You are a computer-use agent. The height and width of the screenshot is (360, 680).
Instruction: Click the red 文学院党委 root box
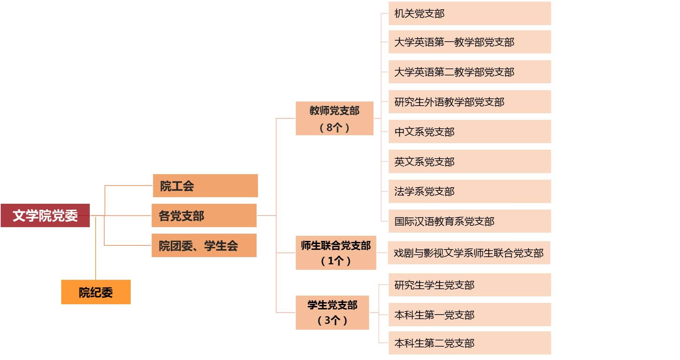(x=45, y=215)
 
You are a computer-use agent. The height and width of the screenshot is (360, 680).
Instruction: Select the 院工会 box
(x=205, y=186)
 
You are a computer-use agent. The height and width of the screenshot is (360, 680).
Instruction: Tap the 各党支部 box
(x=204, y=215)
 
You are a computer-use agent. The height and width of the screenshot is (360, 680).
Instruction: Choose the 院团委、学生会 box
(x=204, y=245)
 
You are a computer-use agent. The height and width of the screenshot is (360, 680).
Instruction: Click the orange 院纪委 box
(x=96, y=292)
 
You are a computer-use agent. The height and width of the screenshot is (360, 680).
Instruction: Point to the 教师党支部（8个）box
(x=334, y=118)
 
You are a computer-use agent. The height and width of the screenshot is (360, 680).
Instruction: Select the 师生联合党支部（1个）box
(x=336, y=253)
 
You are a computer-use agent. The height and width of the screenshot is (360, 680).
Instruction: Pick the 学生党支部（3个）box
(x=332, y=313)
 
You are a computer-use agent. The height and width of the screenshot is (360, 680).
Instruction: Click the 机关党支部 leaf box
(x=469, y=13)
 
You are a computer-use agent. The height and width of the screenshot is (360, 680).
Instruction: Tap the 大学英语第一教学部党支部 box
(x=469, y=42)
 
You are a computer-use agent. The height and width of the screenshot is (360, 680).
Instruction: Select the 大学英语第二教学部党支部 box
(x=469, y=72)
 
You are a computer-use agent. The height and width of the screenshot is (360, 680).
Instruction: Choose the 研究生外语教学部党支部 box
(x=469, y=102)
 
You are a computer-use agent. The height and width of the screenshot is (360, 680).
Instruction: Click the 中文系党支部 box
(x=469, y=131)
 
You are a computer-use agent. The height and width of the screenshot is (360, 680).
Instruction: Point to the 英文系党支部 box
(x=469, y=161)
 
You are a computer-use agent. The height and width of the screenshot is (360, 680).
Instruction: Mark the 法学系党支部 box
(x=469, y=191)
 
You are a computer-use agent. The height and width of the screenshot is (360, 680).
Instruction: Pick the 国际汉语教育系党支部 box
(x=469, y=221)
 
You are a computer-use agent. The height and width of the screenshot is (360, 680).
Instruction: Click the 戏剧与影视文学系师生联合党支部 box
(x=469, y=253)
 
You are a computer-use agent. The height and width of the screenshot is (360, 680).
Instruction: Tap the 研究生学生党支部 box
(x=469, y=285)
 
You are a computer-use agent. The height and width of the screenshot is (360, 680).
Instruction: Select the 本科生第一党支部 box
(x=469, y=315)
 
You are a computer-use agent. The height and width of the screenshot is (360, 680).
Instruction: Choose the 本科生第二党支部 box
(x=469, y=343)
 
